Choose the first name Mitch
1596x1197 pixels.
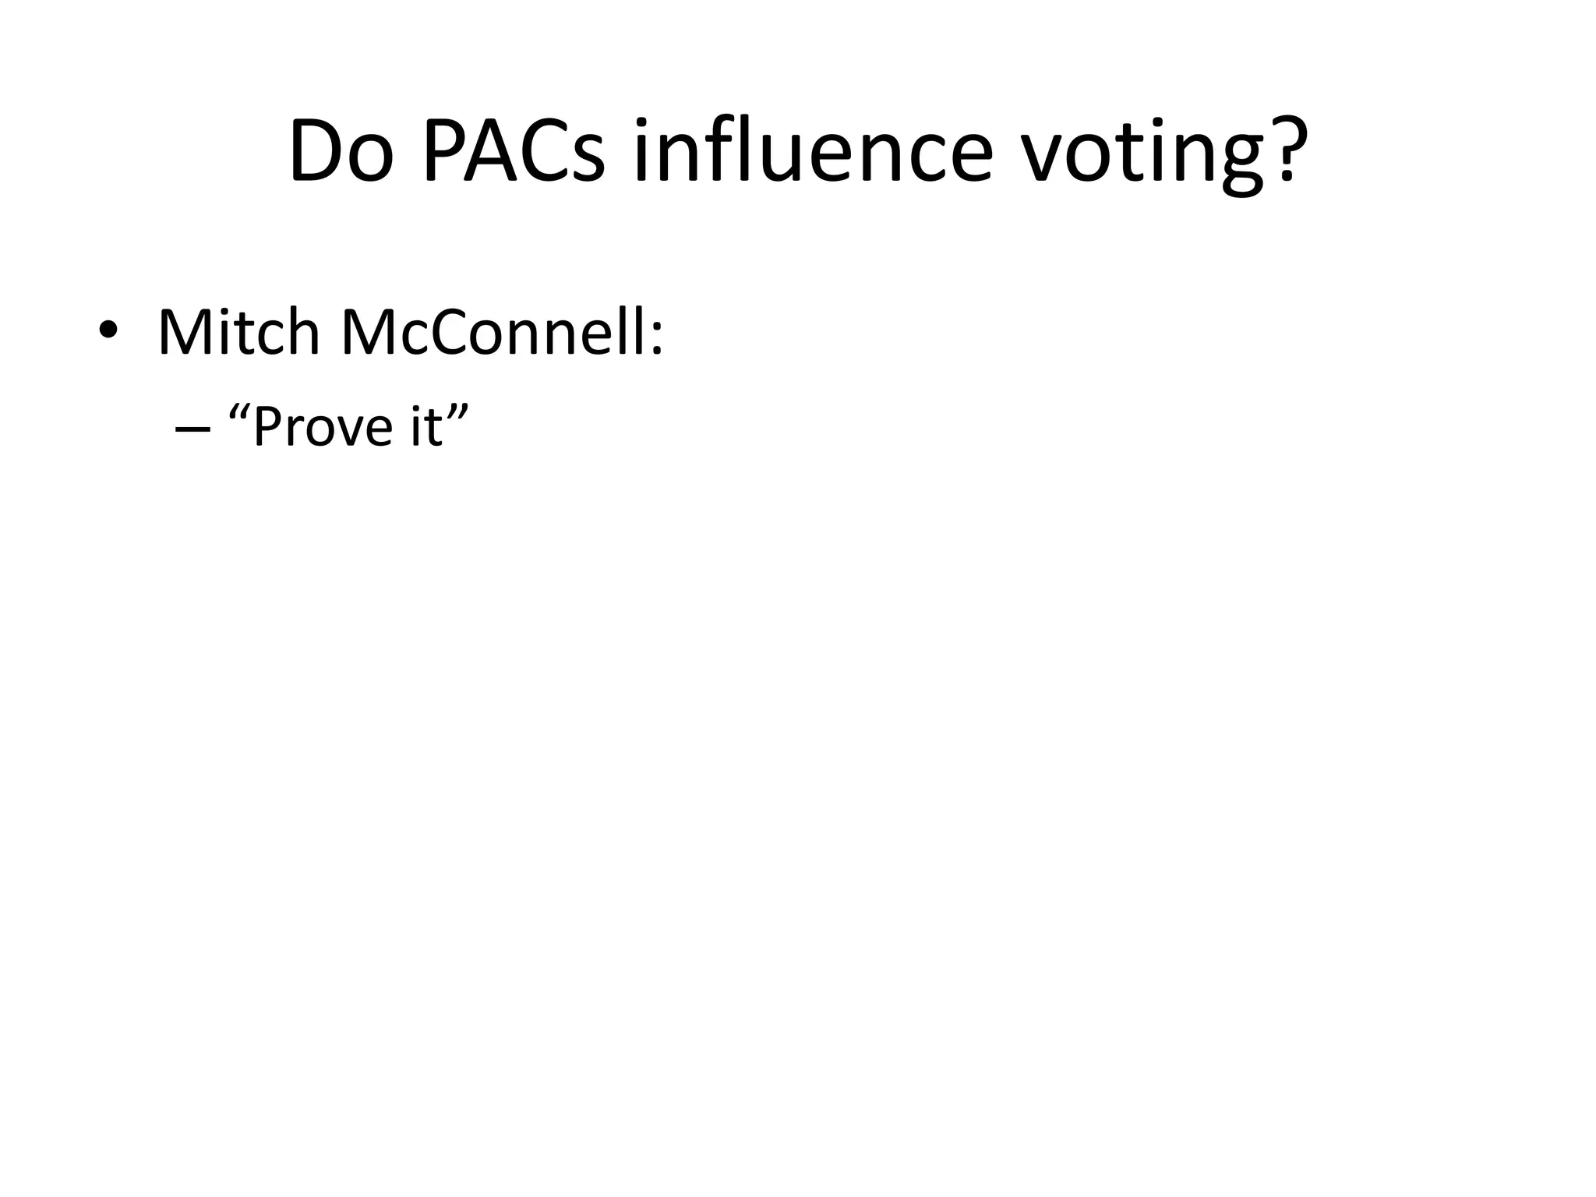238,333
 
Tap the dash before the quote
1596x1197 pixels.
193,429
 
